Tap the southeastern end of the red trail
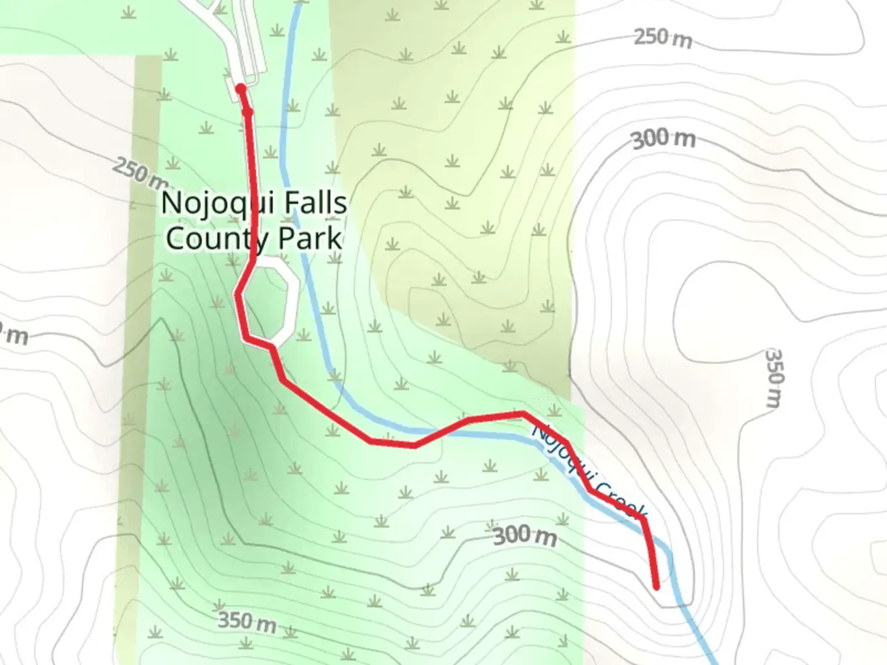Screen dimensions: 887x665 pos(656,586)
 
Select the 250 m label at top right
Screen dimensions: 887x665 pos(663,38)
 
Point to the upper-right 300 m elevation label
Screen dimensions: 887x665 pos(664,139)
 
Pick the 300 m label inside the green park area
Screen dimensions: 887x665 pos(525,536)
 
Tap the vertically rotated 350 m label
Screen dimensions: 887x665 pos(774,378)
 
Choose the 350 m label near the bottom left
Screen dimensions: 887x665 pos(247,621)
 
